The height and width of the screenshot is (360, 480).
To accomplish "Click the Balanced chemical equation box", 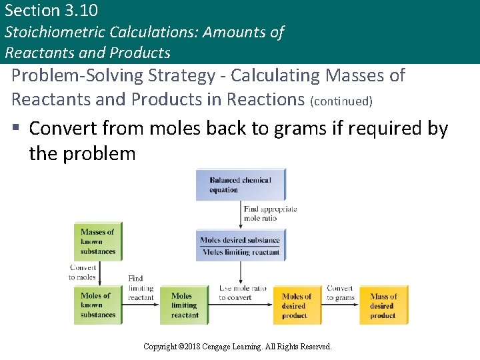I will (240, 185).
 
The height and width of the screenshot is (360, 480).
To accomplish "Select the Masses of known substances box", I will (97, 241).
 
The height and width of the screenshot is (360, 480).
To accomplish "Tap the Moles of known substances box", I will (97, 305).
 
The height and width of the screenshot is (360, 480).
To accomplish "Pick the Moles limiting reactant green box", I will (185, 305).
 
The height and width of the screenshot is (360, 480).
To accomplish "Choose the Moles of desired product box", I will (296, 305).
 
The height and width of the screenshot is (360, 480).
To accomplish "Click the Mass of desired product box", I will (383, 305).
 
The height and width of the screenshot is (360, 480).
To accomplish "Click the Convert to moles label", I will (83, 272).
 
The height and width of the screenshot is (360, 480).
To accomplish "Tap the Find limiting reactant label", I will (140, 288).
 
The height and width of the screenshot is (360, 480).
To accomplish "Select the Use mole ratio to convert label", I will (242, 293).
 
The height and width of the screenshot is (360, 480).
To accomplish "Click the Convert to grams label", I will (340, 293).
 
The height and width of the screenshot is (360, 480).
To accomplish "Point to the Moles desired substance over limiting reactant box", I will (240, 246).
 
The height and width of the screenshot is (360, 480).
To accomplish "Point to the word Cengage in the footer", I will (223, 347).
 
